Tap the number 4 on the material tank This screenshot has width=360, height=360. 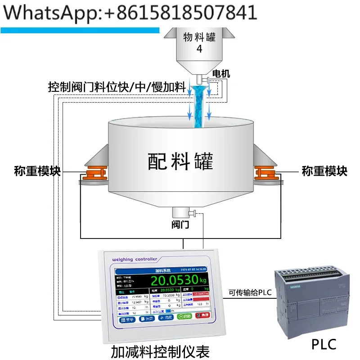[x=199, y=49]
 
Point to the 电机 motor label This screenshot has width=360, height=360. [x=221, y=73]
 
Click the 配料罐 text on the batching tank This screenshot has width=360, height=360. [x=180, y=161]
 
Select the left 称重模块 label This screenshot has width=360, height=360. [x=37, y=171]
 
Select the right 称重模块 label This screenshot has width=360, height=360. [x=324, y=171]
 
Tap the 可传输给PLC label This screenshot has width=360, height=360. [x=250, y=293]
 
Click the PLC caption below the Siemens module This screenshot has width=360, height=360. [x=324, y=345]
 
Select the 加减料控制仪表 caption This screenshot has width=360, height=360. [x=160, y=351]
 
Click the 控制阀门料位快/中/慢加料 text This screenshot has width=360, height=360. [x=117, y=86]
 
